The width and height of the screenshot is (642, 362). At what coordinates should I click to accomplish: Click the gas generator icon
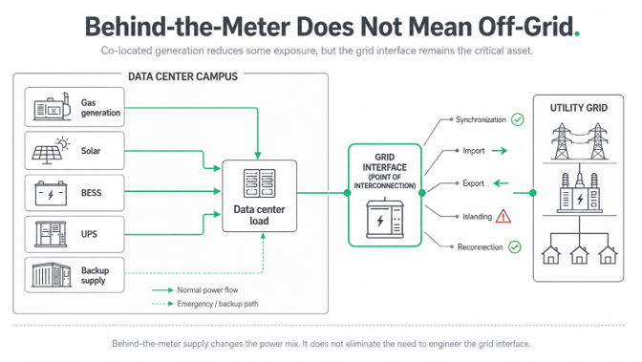[52, 106]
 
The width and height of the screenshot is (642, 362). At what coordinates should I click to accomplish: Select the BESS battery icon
[51, 193]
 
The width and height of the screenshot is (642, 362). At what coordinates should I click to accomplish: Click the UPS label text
[89, 234]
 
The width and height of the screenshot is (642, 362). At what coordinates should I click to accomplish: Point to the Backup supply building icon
[52, 274]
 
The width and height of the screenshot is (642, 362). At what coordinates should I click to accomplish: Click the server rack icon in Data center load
[259, 183]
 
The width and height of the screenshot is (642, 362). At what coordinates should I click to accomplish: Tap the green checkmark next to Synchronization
[518, 119]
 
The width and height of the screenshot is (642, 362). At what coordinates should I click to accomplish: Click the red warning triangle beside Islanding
[503, 216]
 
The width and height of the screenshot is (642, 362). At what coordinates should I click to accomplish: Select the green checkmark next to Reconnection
[515, 247]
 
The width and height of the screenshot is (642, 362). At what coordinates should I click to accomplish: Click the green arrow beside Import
[500, 151]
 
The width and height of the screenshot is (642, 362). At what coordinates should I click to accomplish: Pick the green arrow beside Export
[501, 183]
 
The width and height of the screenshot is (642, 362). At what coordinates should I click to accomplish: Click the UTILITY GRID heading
[579, 108]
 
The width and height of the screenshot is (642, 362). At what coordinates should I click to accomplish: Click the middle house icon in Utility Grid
[579, 255]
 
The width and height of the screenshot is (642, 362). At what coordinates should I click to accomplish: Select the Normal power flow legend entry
[195, 290]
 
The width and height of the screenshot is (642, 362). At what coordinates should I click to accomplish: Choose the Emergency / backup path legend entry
[205, 304]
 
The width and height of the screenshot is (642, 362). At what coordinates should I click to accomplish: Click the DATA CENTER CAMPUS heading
[182, 76]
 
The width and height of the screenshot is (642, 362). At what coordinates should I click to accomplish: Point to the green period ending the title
[577, 34]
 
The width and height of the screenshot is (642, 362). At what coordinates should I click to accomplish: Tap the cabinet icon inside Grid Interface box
[384, 219]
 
